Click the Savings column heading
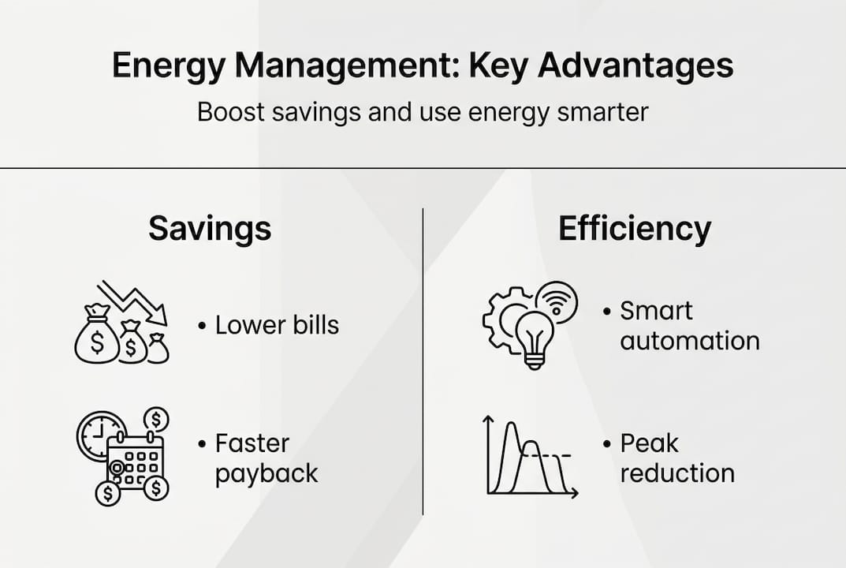click(x=210, y=229)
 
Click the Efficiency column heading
click(x=635, y=229)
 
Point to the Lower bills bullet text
click(x=277, y=325)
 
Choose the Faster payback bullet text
click(x=266, y=458)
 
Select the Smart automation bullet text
click(x=688, y=326)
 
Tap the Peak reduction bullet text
click(x=676, y=458)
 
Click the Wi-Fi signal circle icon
click(x=557, y=302)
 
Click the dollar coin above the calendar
click(x=157, y=419)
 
